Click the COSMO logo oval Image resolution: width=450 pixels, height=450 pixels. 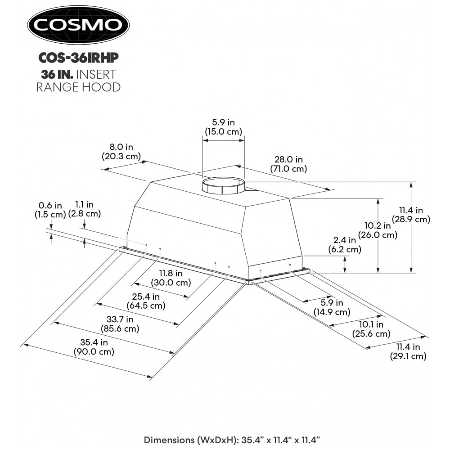click(x=78, y=24)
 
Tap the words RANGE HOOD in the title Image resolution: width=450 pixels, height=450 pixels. click(x=78, y=87)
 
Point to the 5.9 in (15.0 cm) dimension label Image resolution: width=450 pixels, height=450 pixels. click(x=224, y=127)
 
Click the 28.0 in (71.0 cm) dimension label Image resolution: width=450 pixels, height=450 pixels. click(x=288, y=164)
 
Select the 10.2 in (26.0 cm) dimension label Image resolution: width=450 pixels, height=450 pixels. click(x=378, y=230)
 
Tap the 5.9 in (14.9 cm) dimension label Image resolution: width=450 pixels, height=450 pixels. click(x=333, y=307)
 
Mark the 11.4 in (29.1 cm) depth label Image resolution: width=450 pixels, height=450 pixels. click(x=408, y=351)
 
